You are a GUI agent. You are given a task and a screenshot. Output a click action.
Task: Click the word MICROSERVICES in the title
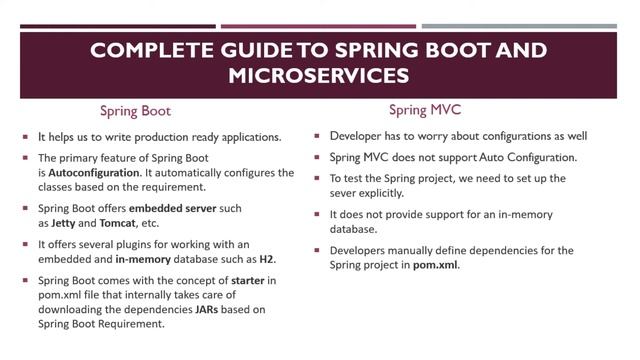(319, 75)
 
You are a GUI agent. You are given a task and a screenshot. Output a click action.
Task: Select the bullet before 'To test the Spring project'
(318, 178)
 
